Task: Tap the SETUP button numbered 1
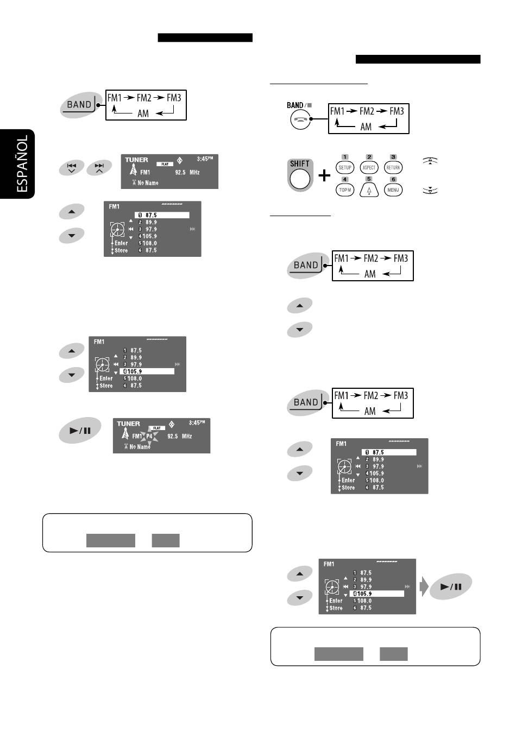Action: pyautogui.click(x=345, y=167)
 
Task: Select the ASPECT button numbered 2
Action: pyautogui.click(x=369, y=167)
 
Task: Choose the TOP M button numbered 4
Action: pyautogui.click(x=345, y=190)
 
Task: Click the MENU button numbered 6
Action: pyautogui.click(x=393, y=190)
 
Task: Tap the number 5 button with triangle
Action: pyautogui.click(x=369, y=190)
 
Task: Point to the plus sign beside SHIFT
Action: pyautogui.click(x=324, y=175)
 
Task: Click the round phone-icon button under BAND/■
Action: pyautogui.click(x=300, y=120)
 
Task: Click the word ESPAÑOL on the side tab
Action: pyautogui.click(x=22, y=163)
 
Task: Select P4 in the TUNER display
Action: pyautogui.click(x=150, y=436)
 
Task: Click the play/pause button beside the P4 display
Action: pyautogui.click(x=80, y=431)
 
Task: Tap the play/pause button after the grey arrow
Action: pyautogui.click(x=451, y=586)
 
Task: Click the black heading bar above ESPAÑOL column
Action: pyautogui.click(x=205, y=38)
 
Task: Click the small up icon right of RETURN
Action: pyautogui.click(x=430, y=161)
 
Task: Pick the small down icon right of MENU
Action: pyautogui.click(x=430, y=191)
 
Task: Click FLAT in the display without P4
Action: pyautogui.click(x=165, y=164)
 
